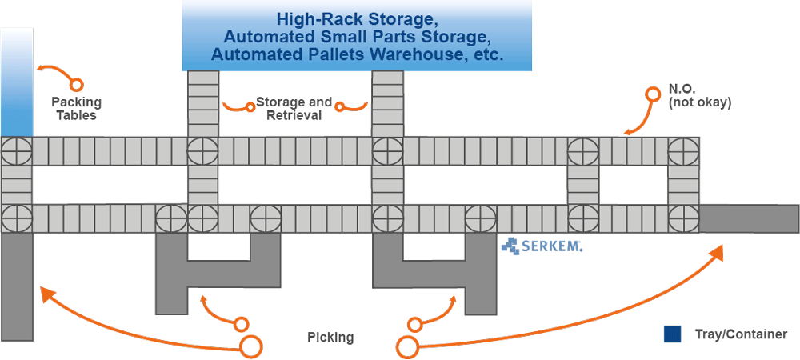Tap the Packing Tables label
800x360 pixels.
pos(76,108)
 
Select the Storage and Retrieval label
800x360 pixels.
pos(294,108)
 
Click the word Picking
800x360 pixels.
pos(330,337)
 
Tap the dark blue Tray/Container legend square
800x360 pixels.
pos(672,334)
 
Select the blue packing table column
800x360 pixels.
pos(17,80)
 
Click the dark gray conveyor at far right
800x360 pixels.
pos(749,218)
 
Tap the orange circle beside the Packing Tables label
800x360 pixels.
pos(76,84)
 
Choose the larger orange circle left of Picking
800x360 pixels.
pos(252,347)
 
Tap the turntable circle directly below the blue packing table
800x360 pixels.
pos(17,150)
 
